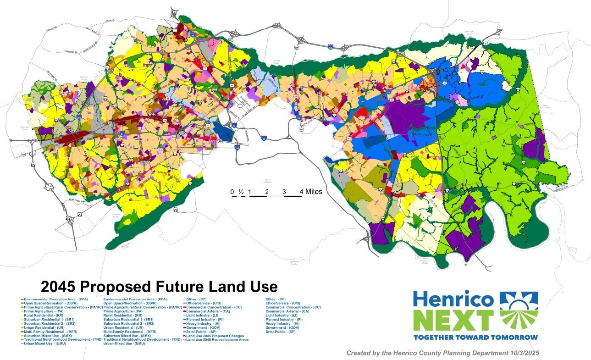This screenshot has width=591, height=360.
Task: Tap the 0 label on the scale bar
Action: [232, 192]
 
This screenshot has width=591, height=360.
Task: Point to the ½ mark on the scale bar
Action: [241, 192]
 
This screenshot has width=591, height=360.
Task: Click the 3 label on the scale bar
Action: [284, 192]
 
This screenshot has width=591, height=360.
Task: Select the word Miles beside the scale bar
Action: [311, 192]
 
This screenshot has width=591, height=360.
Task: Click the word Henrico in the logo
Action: [453, 299]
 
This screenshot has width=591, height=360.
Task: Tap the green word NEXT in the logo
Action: [453, 320]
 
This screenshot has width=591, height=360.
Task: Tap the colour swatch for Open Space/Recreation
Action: [22, 303]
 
